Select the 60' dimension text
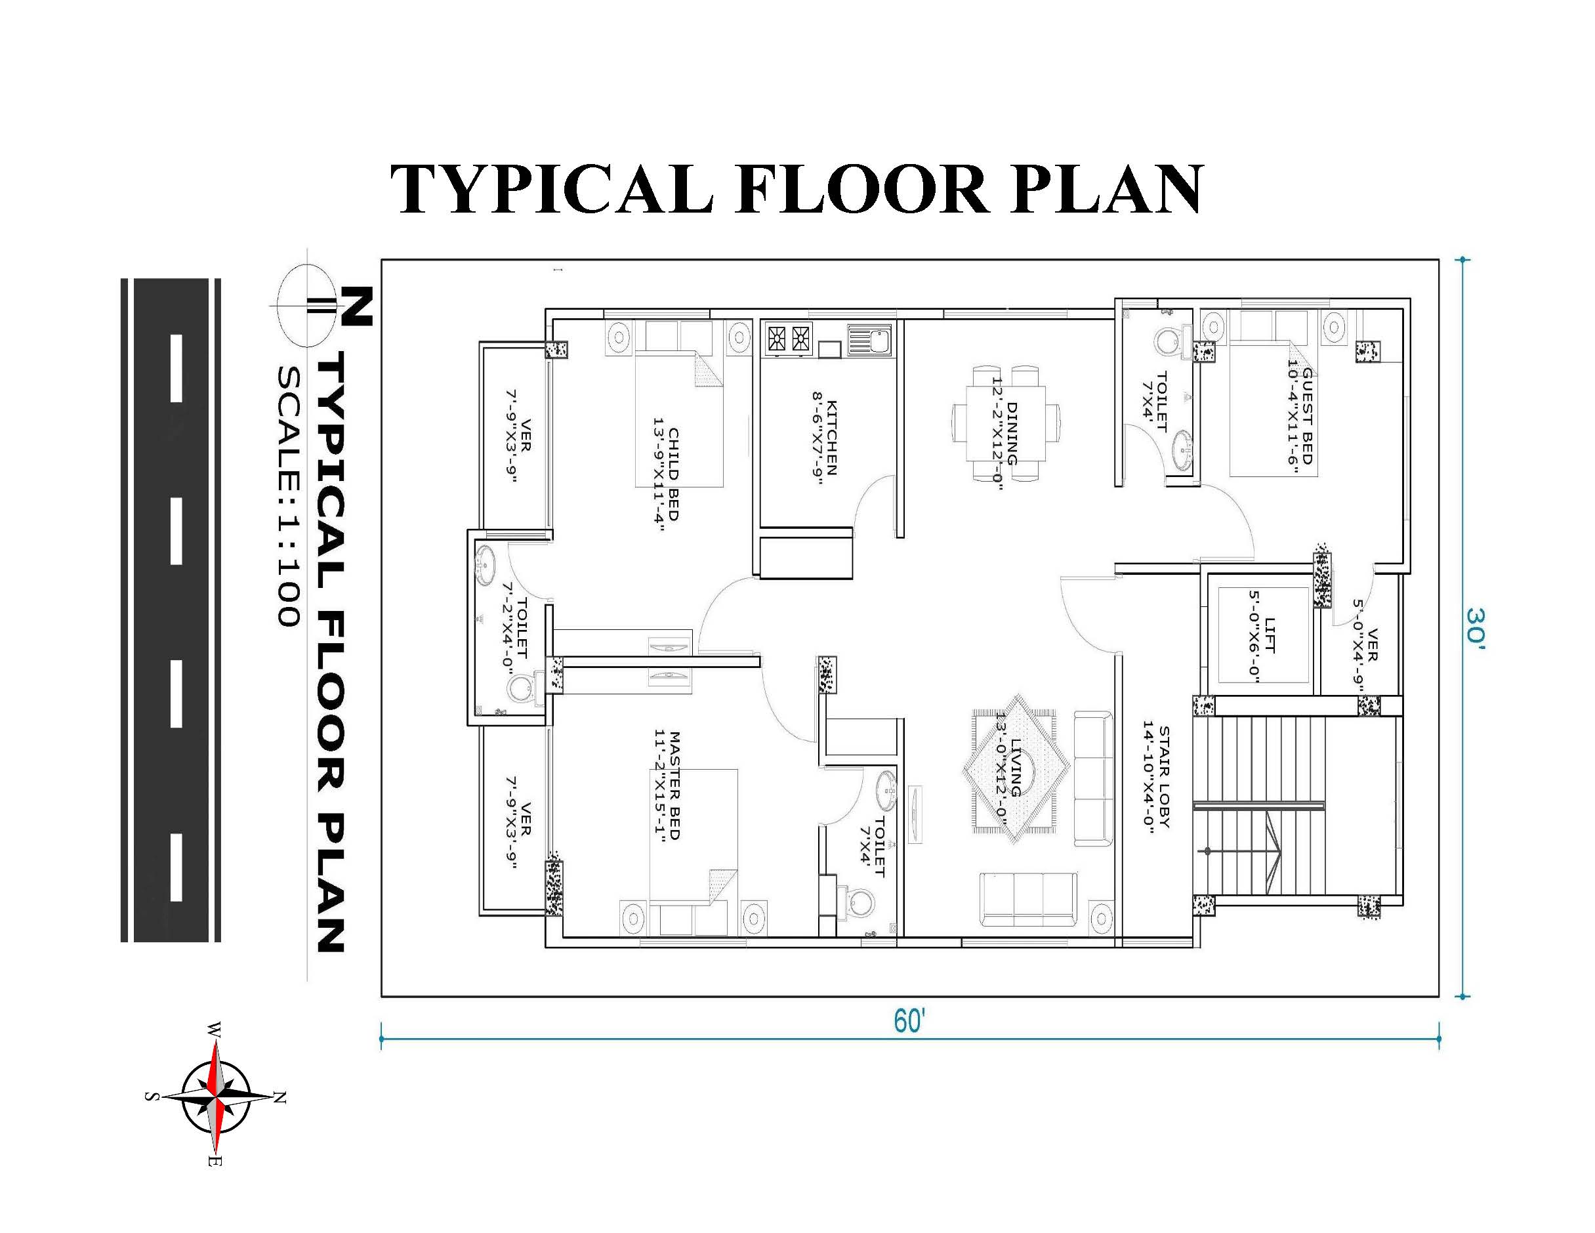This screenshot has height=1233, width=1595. coord(909,1021)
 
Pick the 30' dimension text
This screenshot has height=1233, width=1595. coord(1474,627)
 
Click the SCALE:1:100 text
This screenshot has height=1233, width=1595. coord(289,496)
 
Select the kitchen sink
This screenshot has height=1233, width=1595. coord(869,341)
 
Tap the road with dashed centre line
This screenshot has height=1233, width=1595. coord(171,610)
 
